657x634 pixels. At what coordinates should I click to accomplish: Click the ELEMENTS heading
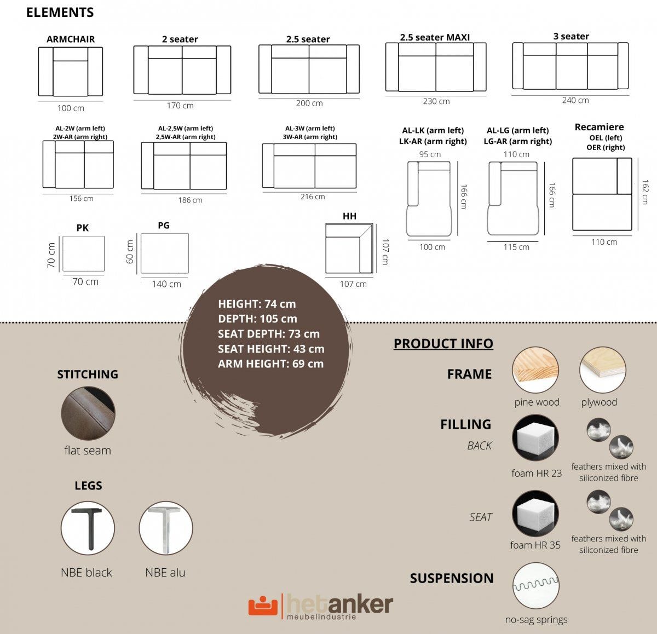coord(60,13)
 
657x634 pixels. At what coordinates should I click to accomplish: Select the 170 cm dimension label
coord(180,106)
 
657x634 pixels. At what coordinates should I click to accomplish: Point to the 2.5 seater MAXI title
coord(435,37)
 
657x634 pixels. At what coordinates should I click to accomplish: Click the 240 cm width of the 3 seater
coord(575,100)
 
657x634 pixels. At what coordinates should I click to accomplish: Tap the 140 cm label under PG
coord(166,284)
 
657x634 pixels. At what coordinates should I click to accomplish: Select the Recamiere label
coord(600,127)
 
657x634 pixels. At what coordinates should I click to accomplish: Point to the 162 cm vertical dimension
coord(645,192)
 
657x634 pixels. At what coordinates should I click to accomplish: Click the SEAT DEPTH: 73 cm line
coord(269,334)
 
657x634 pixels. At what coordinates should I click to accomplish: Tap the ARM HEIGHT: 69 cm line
coord(271,364)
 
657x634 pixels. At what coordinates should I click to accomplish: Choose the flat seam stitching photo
coord(88,413)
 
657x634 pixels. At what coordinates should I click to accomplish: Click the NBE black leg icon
coord(88,528)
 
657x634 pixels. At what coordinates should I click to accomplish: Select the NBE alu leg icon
coord(166,528)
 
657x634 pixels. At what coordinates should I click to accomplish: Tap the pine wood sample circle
coord(535,370)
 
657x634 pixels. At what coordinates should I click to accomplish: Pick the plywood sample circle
coord(603,370)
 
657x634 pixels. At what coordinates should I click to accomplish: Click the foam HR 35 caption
coord(535,545)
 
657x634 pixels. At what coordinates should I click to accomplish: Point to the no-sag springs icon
coord(536,586)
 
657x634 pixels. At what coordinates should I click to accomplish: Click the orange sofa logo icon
coord(263,606)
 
